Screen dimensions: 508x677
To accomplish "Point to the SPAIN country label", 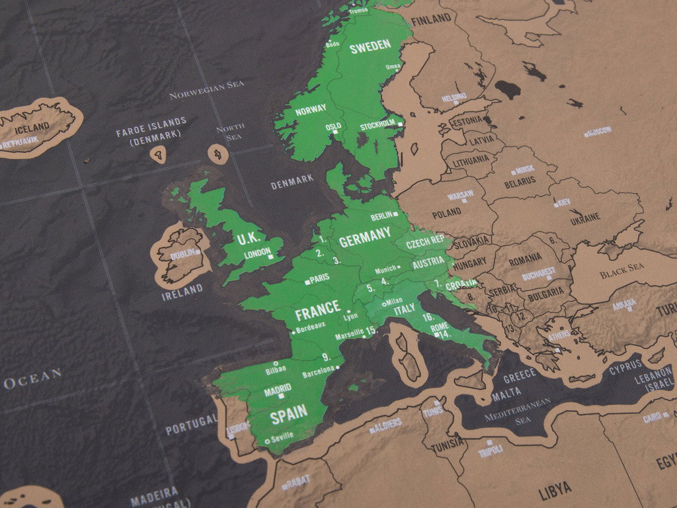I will pyautogui.click(x=288, y=413).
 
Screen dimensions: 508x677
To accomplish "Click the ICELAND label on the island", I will pyautogui.click(x=32, y=126).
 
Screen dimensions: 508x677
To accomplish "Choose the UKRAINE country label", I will pyautogui.click(x=585, y=217).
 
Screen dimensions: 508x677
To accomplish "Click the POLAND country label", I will pyautogui.click(x=447, y=214).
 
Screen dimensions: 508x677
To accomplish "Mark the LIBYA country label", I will pyautogui.click(x=555, y=490).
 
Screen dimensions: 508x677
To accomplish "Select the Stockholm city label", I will pyautogui.click(x=379, y=126).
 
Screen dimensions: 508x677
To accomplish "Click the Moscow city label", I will pyautogui.click(x=600, y=131).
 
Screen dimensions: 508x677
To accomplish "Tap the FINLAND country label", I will pyautogui.click(x=431, y=19).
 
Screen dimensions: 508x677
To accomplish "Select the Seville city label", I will pyautogui.click(x=282, y=436).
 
